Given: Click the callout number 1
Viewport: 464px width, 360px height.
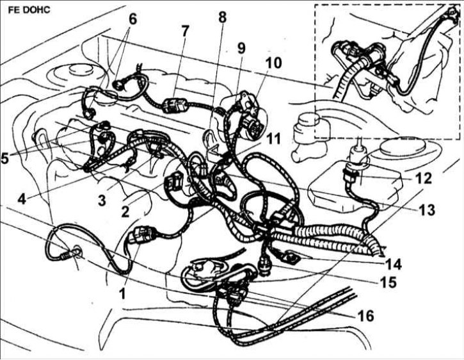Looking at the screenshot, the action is click(x=122, y=293).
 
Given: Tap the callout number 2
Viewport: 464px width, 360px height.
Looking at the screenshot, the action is click(x=125, y=211).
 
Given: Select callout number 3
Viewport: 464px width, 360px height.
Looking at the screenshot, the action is click(x=102, y=200).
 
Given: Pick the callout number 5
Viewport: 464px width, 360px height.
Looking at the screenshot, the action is click(x=5, y=158).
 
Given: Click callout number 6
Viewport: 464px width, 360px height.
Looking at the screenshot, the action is click(x=132, y=20).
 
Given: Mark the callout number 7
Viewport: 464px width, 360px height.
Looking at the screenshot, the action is click(x=184, y=31).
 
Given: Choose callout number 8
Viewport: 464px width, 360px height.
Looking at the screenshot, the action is click(x=222, y=17).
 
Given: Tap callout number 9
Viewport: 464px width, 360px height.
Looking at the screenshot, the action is click(x=241, y=48).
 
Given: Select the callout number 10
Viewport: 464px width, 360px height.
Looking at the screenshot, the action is click(x=273, y=63).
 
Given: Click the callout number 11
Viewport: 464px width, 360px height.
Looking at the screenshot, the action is click(x=273, y=138).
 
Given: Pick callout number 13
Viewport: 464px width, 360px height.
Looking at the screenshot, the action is click(x=426, y=209).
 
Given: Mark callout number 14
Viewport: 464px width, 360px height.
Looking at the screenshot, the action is click(x=392, y=264).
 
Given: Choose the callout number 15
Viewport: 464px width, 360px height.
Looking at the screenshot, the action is click(x=388, y=282).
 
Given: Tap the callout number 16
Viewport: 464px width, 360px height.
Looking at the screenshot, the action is click(x=365, y=316).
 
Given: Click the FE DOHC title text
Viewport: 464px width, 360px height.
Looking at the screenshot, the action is click(x=29, y=10).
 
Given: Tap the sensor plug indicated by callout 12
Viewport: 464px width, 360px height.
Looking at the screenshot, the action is click(x=351, y=175).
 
